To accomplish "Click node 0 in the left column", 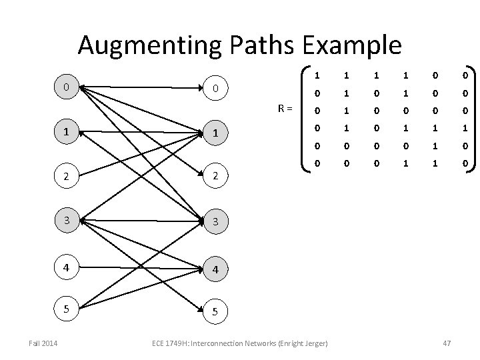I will coord(65,88).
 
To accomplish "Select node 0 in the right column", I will coord(215,88).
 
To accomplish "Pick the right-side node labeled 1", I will coord(215,134).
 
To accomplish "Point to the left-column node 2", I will coord(65,177).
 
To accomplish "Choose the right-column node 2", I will coord(215,177).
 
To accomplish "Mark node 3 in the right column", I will coord(215,221).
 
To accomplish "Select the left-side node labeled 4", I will coord(65,265).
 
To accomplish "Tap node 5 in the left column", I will coord(65,309).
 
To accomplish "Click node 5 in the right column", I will coord(215,310).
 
